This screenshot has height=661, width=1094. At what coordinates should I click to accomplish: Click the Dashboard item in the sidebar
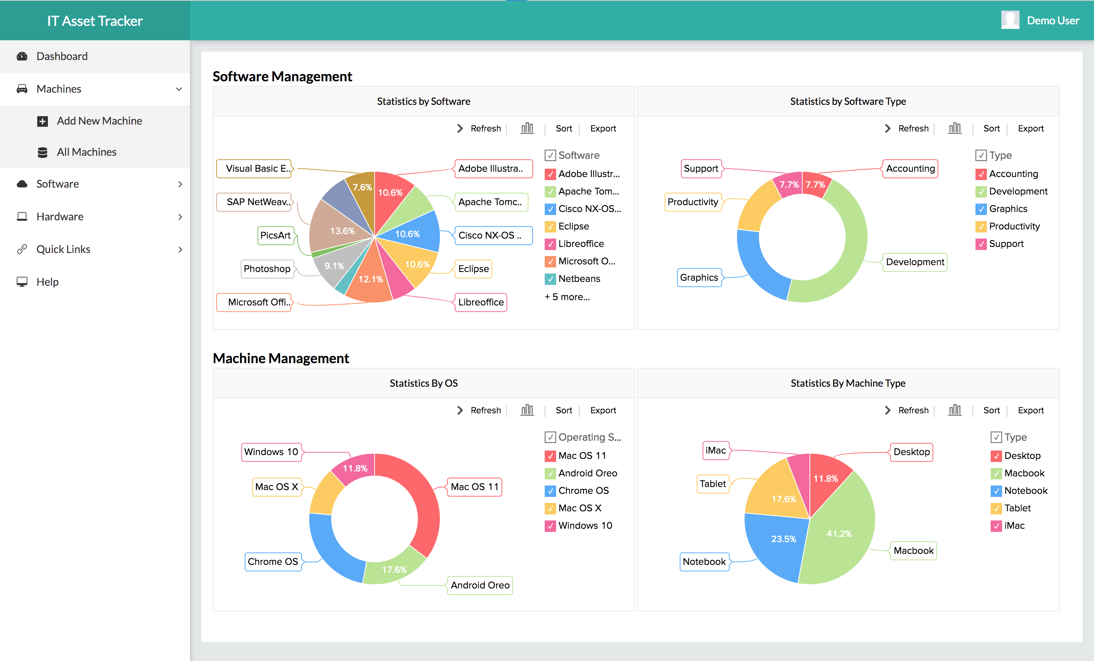(x=62, y=56)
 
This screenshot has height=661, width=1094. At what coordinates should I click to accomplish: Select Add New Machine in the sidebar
(x=99, y=121)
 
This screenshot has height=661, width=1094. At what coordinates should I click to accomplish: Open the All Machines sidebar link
(x=86, y=152)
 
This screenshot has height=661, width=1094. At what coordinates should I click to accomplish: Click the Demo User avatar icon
(x=1010, y=20)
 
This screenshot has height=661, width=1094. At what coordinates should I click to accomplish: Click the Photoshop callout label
(x=267, y=269)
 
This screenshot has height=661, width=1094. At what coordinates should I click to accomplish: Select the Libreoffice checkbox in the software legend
(x=550, y=244)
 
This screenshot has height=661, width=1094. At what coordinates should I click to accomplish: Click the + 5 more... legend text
(x=567, y=297)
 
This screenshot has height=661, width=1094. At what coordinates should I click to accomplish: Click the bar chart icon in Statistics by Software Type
(x=955, y=128)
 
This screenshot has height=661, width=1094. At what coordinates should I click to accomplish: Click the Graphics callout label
(x=699, y=277)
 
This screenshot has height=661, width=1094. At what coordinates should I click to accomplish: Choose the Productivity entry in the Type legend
(x=1014, y=226)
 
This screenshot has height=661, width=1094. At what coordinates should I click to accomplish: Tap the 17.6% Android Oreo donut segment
(x=394, y=568)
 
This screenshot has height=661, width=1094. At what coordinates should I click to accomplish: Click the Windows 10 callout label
(x=271, y=452)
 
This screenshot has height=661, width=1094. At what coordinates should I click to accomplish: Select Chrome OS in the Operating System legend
(x=583, y=490)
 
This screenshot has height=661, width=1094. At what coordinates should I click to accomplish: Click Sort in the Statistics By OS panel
(x=563, y=410)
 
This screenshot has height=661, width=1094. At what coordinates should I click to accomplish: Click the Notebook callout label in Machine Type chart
(x=704, y=561)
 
